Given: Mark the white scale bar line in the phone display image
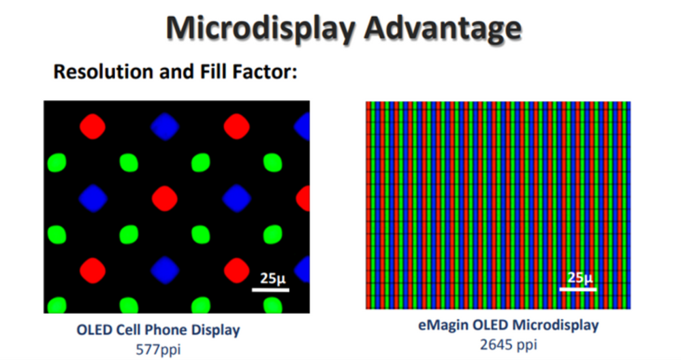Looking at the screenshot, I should [270, 289].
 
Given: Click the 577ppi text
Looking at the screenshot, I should [157, 350].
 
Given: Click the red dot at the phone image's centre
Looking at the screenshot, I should [164, 198].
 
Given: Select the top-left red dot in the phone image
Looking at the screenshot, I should [93, 127].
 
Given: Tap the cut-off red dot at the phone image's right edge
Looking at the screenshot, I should [304, 198].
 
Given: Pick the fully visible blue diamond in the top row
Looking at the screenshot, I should [164, 127].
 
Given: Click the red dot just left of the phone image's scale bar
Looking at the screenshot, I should [236, 269].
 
